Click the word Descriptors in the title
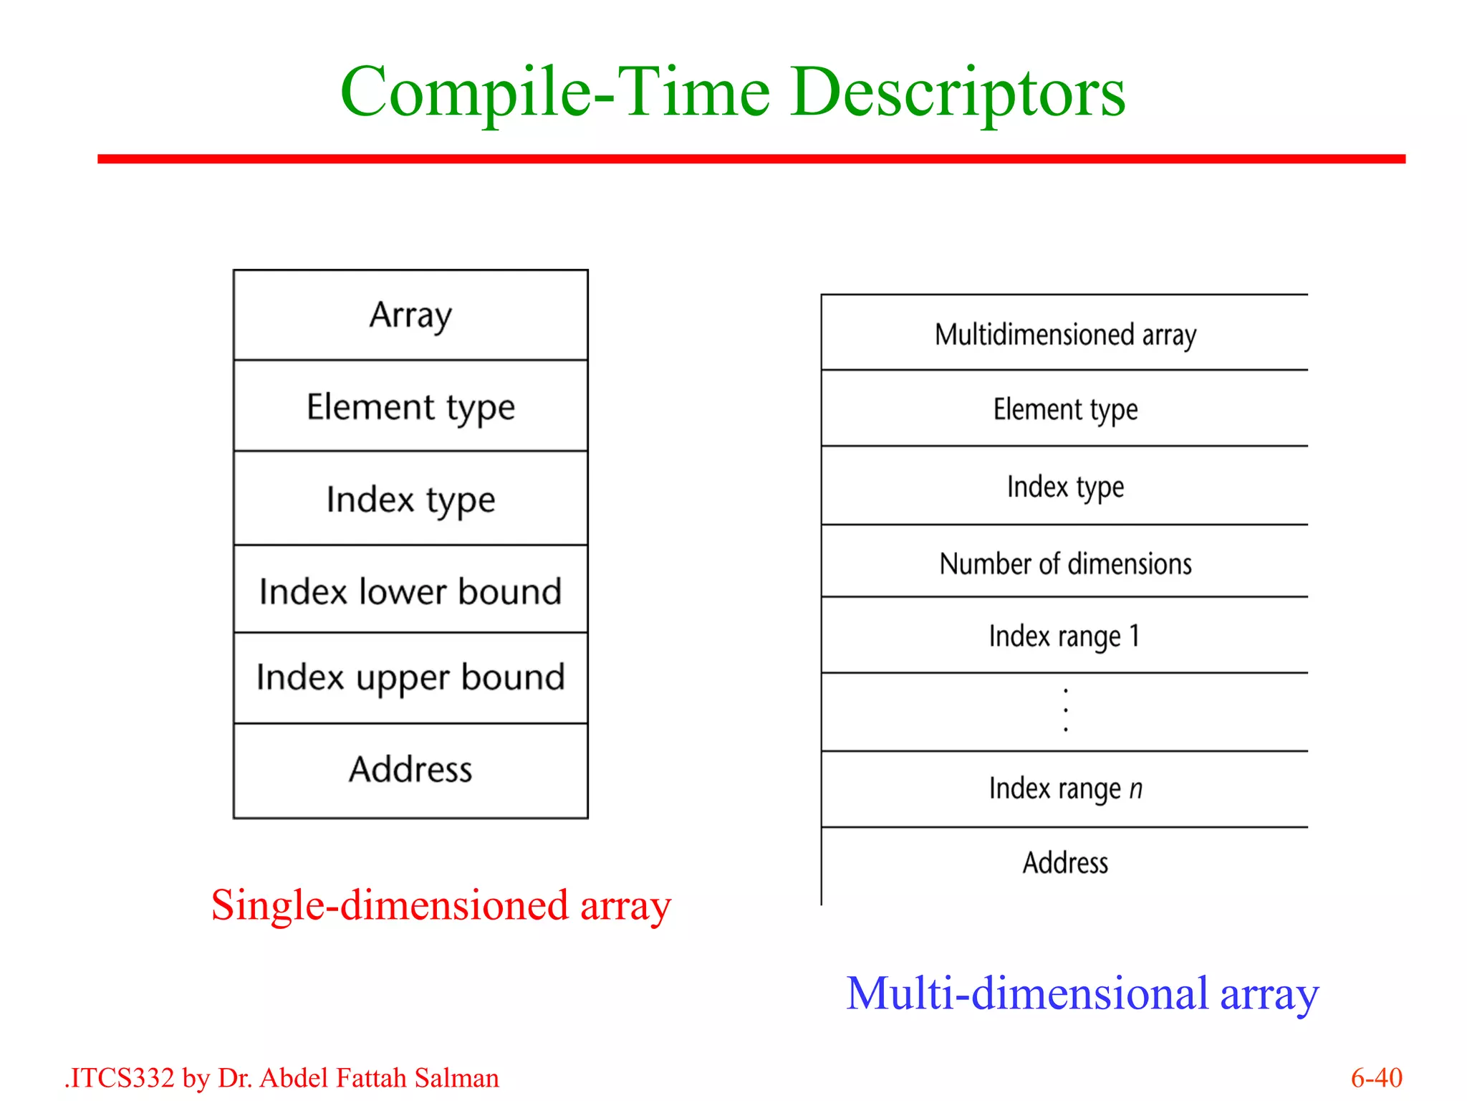point(958,93)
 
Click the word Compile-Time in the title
point(555,93)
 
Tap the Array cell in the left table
point(410,315)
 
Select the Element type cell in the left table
point(410,407)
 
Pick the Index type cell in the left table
point(410,499)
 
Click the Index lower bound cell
point(410,591)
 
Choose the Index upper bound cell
point(410,677)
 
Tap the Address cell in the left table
point(410,769)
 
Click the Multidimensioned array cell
point(1065,335)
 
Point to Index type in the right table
point(1065,487)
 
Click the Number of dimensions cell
point(1065,563)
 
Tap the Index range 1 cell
point(1065,636)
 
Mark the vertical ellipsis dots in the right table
point(1066,710)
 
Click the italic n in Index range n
point(1136,789)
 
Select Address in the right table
point(1065,862)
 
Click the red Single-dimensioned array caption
point(441,905)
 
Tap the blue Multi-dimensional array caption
point(1082,993)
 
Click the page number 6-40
point(1376,1077)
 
